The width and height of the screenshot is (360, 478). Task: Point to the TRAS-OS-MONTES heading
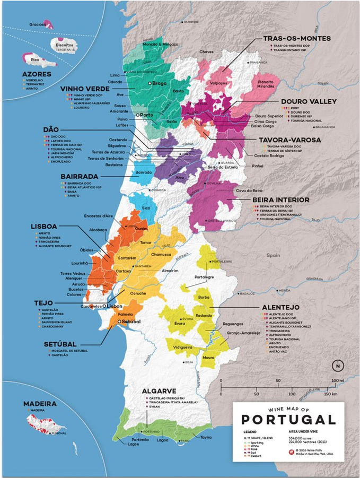(297, 39)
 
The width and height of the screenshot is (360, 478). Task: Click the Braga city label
(160, 83)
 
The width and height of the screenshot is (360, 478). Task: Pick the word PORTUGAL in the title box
(288, 419)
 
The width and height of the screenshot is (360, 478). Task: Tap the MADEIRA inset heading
(40, 404)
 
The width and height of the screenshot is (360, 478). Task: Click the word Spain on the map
(273, 255)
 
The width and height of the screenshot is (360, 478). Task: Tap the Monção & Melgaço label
(161, 45)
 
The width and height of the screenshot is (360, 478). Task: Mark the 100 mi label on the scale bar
(337, 381)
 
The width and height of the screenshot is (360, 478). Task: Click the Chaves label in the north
(207, 52)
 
